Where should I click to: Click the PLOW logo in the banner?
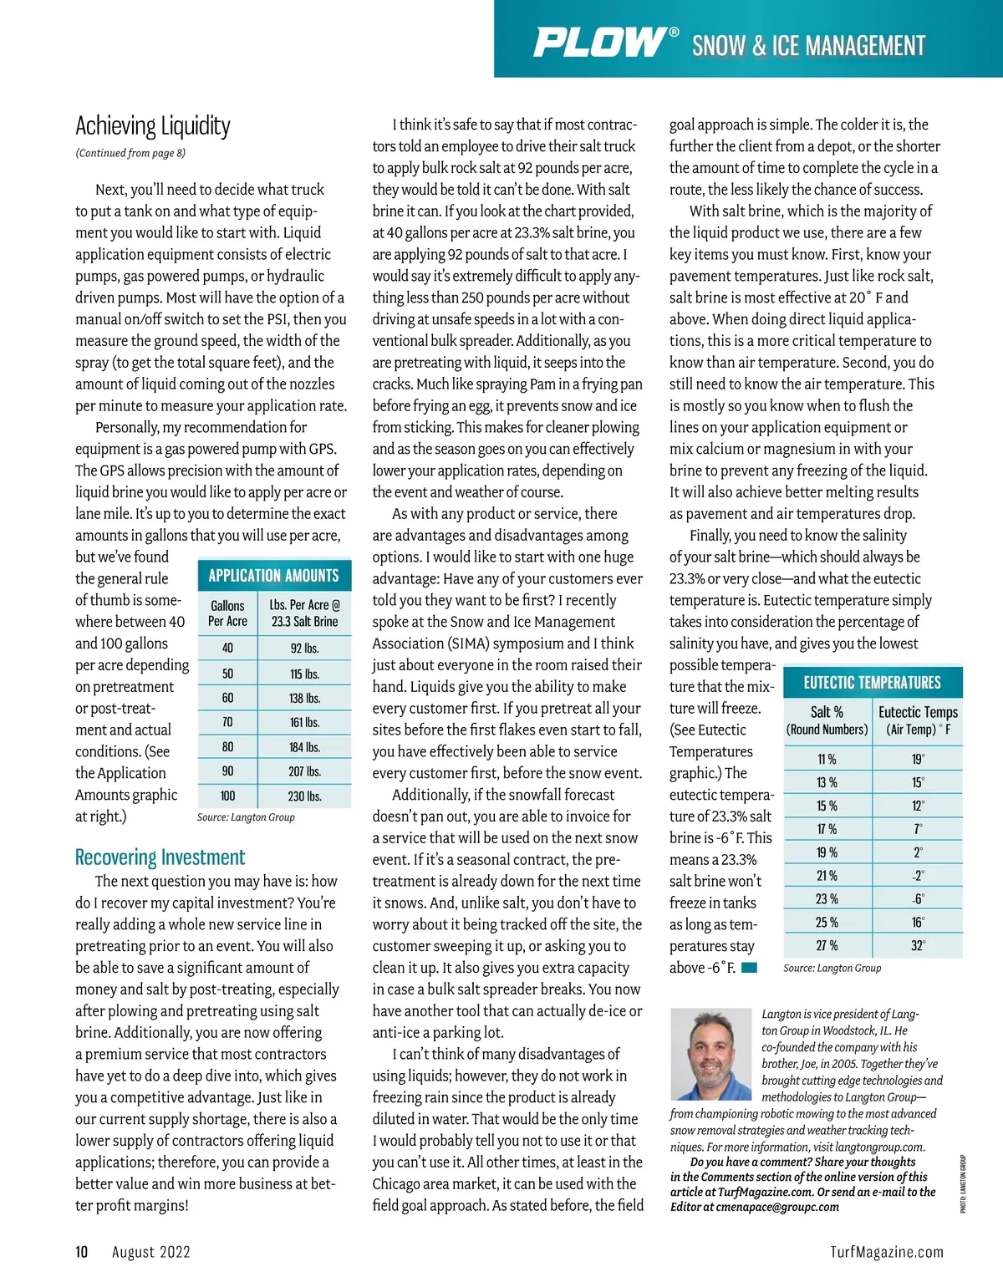pos(600,43)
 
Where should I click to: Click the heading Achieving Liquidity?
pos(153,126)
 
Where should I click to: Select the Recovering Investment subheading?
pos(160,857)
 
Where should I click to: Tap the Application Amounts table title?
pos(273,575)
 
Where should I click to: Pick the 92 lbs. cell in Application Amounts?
pos(304,648)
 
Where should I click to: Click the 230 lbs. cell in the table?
pos(304,796)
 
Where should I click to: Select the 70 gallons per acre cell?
pos(227,722)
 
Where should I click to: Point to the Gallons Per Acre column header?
pos(227,613)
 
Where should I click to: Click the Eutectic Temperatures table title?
pos(872,682)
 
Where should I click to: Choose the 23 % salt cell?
pos(827,899)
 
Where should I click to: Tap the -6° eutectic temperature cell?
pos(918,899)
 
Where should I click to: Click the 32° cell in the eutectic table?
pos(918,946)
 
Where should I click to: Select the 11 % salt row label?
pos(827,759)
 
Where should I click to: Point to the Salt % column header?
pos(827,720)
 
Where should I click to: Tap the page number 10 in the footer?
pos(82,1251)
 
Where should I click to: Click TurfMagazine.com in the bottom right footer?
pos(886,1252)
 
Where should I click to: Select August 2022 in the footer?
pos(151,1252)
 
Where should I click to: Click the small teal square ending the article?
pos(749,968)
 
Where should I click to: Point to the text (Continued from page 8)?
pos(130,153)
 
